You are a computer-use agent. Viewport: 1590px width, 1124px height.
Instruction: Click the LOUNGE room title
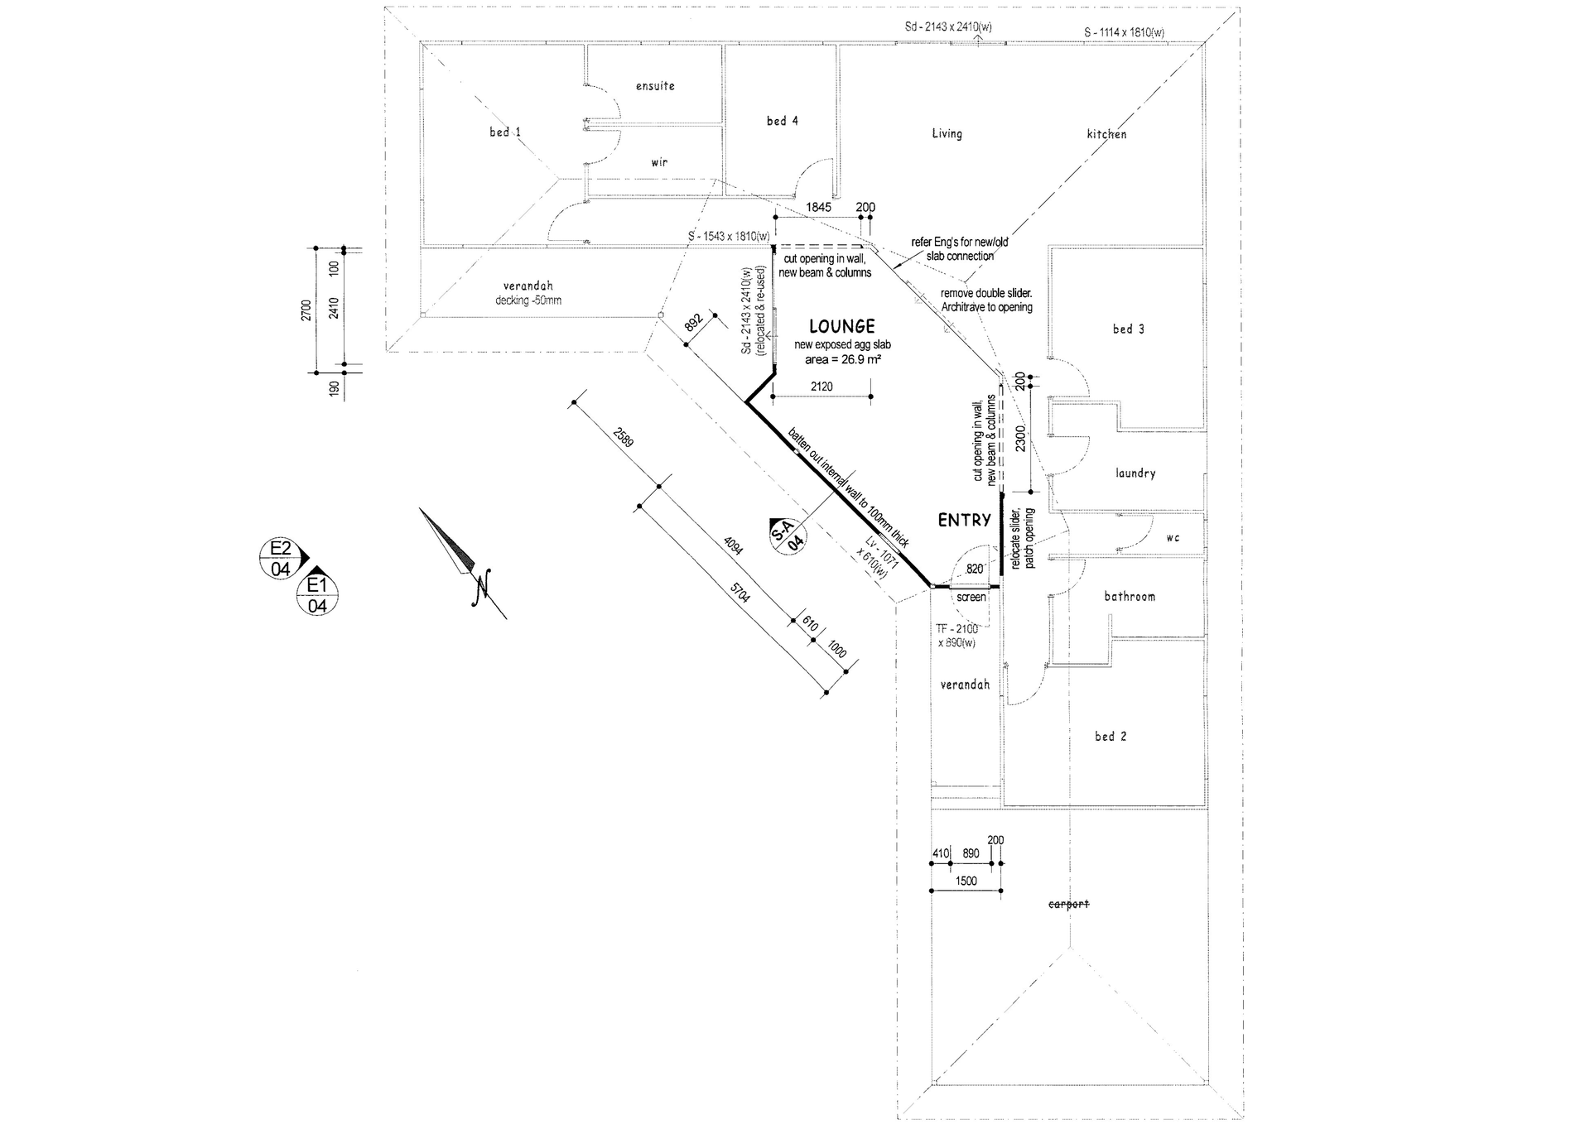click(841, 327)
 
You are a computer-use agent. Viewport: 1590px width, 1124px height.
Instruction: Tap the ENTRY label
click(964, 521)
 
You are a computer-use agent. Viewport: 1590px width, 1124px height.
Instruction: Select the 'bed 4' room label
click(782, 121)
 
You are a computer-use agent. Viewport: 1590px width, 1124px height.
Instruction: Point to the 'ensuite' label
click(655, 86)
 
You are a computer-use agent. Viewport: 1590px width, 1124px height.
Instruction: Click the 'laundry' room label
click(1135, 473)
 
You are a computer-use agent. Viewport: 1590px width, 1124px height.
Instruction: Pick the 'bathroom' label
click(1129, 596)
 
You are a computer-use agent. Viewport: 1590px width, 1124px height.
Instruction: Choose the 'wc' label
click(1172, 538)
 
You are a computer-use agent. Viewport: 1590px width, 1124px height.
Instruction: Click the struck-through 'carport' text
click(1068, 904)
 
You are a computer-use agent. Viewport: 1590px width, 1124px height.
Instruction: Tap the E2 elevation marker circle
click(281, 558)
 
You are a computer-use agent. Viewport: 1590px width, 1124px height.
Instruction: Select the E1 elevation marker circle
click(317, 595)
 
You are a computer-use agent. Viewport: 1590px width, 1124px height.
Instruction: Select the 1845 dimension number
click(818, 208)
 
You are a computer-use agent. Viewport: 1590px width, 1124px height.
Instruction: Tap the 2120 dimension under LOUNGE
click(821, 387)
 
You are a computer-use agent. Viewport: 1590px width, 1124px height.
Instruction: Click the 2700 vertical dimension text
click(306, 310)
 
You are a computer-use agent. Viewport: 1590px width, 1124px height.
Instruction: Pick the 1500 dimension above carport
click(966, 881)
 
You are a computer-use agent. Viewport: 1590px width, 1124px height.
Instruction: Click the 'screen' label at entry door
click(971, 597)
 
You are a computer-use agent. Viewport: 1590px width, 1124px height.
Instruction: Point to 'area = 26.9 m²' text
click(842, 360)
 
